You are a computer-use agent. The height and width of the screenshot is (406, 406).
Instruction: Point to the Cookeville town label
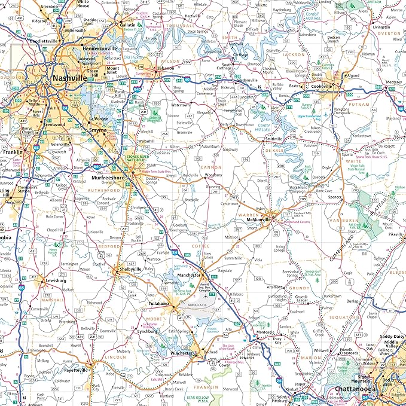[x=324, y=86]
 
